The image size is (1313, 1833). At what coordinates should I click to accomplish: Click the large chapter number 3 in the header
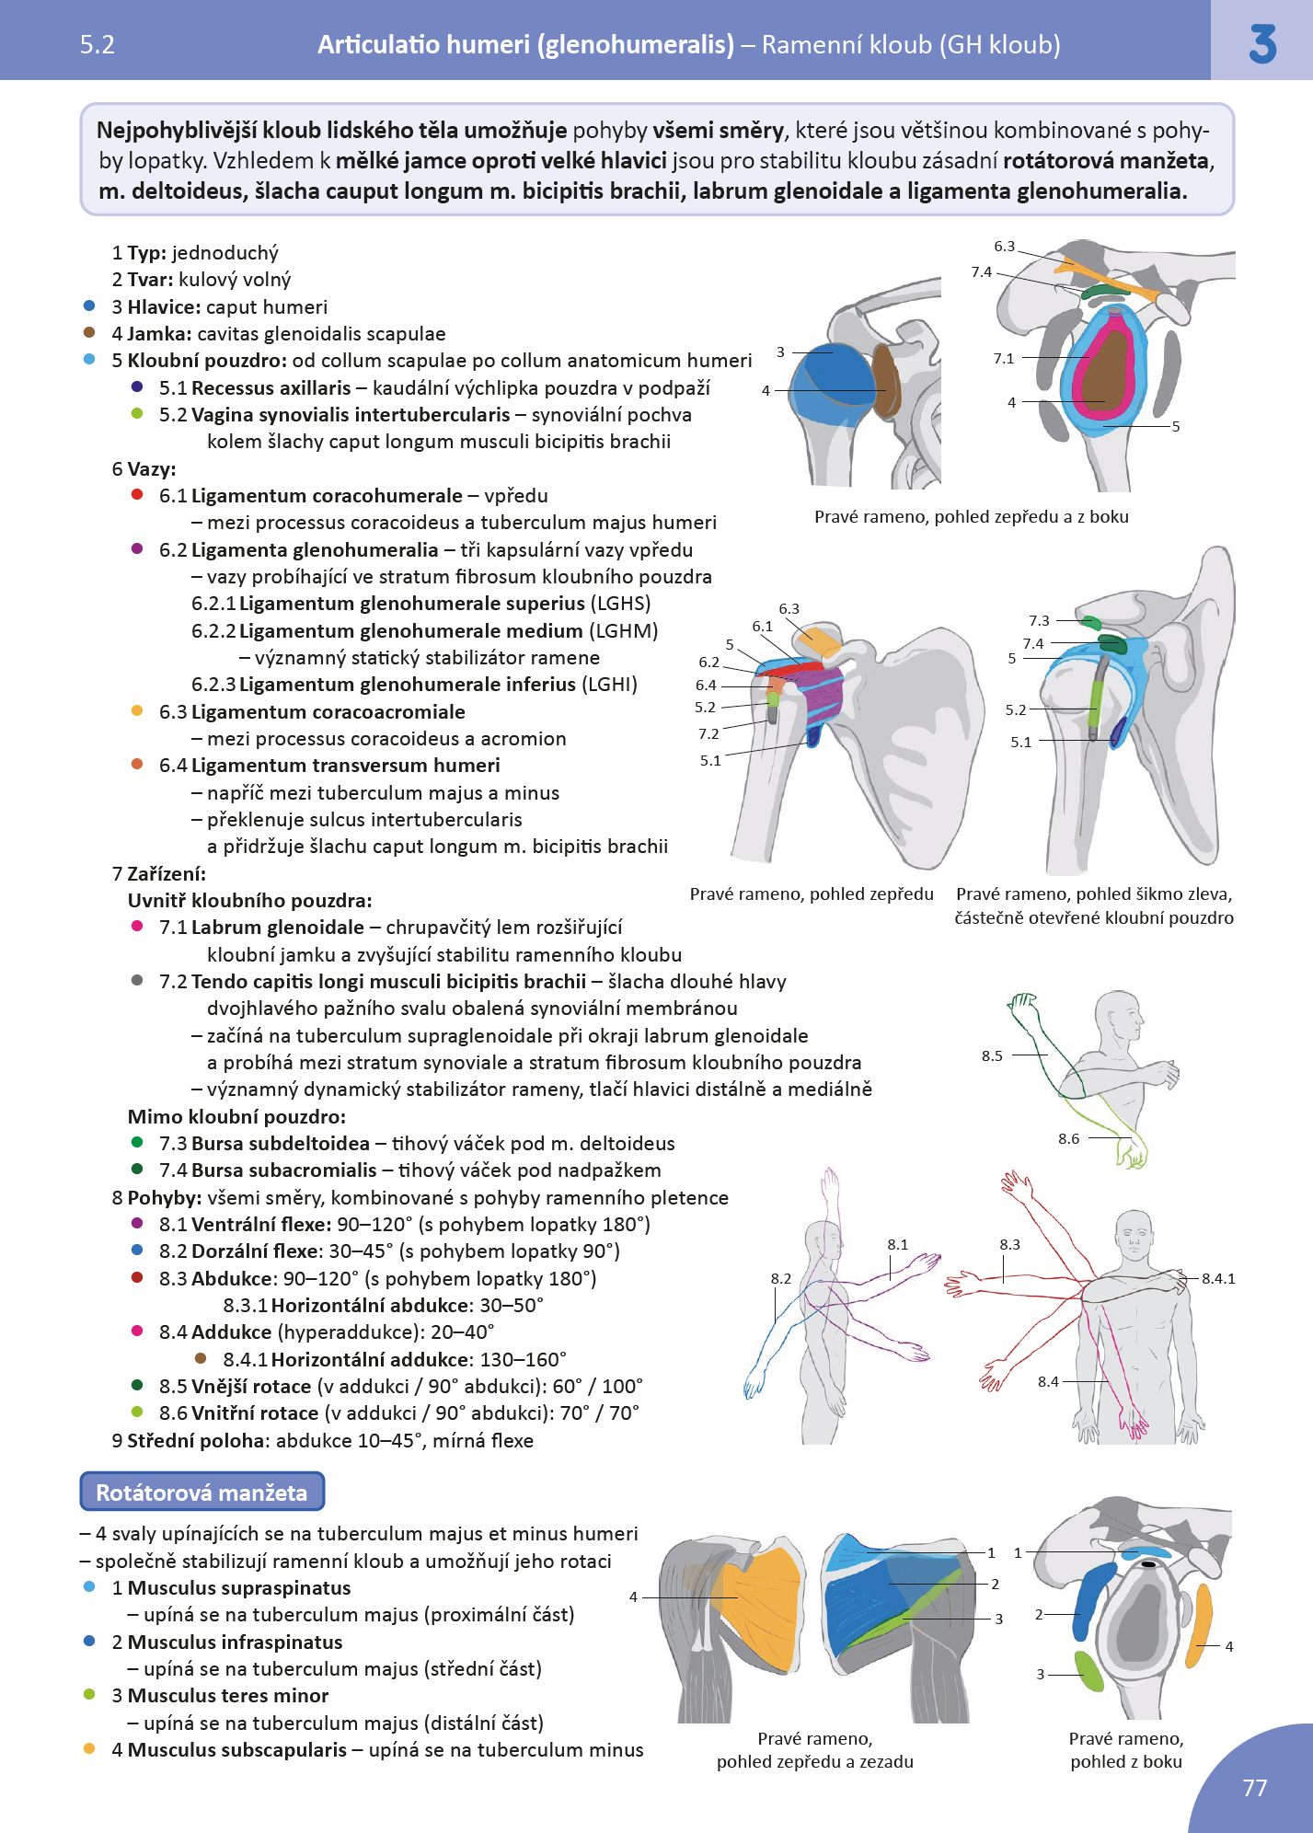click(1262, 43)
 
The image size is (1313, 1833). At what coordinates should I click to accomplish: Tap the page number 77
click(1255, 1788)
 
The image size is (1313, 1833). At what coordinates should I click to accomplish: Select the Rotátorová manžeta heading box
click(202, 1492)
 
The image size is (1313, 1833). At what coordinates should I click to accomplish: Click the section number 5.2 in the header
click(98, 45)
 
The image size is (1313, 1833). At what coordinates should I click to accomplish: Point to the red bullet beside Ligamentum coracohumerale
click(137, 495)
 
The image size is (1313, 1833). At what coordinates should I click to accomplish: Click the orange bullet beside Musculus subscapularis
click(89, 1748)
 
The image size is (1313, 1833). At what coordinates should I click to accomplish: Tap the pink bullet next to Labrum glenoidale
click(137, 927)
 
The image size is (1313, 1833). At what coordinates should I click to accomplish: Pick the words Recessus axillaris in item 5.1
click(271, 388)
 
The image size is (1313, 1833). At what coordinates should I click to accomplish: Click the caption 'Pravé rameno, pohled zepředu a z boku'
click(971, 517)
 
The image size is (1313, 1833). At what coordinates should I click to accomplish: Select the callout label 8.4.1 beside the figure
click(1217, 1279)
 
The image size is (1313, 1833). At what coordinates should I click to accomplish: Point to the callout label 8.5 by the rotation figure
click(992, 1056)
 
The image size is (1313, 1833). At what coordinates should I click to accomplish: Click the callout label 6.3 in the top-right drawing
click(1004, 247)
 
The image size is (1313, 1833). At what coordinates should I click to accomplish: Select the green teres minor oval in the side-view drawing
click(1088, 1671)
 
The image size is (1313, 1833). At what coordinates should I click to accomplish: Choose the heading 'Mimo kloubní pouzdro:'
click(236, 1117)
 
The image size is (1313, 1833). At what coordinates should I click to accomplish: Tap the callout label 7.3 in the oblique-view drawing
click(1039, 621)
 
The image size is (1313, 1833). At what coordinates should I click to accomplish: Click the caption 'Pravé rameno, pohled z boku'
click(1126, 1750)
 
